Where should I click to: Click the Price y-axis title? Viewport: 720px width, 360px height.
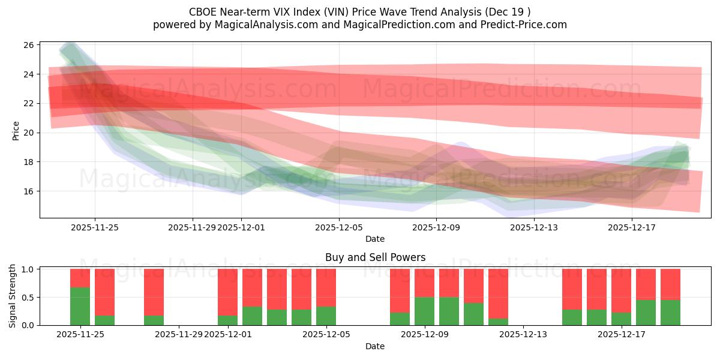click(x=16, y=130)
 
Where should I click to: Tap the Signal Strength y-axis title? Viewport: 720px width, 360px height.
click(x=13, y=296)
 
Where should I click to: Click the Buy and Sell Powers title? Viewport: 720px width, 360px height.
click(x=375, y=257)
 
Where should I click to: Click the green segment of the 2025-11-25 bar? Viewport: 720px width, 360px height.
click(x=80, y=307)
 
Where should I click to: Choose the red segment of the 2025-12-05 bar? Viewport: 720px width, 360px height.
click(x=326, y=287)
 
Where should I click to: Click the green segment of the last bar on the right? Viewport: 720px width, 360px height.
click(x=670, y=313)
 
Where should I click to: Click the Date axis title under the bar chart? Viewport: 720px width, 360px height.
click(x=375, y=346)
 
